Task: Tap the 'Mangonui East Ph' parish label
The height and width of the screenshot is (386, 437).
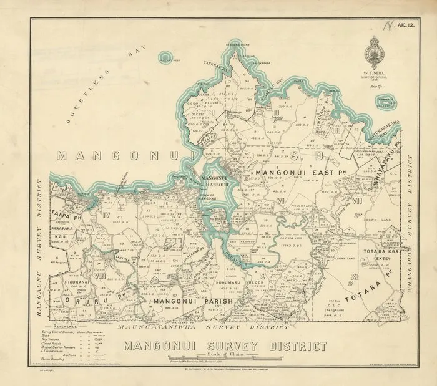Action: pos(293,168)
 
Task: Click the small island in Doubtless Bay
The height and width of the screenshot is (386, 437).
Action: pos(167,58)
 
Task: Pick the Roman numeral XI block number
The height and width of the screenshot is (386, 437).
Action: pos(354,275)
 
